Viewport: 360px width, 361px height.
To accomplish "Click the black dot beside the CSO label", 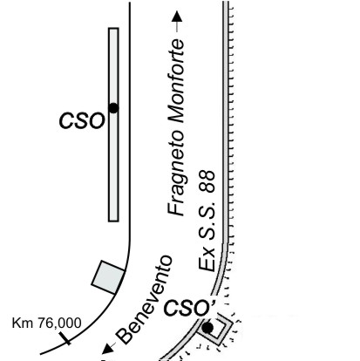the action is click(113, 108).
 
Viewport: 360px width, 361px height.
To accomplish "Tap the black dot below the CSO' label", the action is click(207, 328).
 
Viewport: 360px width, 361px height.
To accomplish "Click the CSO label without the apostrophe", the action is click(82, 121).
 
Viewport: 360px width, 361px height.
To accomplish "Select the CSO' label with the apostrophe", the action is click(190, 308).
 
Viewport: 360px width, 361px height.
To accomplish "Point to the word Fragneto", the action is click(176, 171).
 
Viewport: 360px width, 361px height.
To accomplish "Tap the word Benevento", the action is click(145, 299).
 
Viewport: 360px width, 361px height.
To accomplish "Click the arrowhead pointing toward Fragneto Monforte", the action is click(177, 17).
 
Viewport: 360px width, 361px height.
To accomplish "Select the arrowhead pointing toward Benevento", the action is click(107, 348).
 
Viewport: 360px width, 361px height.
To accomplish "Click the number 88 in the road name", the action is click(208, 181).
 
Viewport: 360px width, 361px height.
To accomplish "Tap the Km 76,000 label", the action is click(46, 324).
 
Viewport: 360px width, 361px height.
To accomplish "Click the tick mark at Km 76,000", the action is click(65, 338).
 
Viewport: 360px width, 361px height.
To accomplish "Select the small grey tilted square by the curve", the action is click(108, 277).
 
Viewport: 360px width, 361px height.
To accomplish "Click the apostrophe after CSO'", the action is click(214, 303).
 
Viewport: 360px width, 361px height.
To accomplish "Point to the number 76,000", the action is click(60, 324).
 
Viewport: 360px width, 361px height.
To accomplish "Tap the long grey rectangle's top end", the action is click(113, 29).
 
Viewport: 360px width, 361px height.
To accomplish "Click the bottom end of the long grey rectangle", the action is click(113, 221).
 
